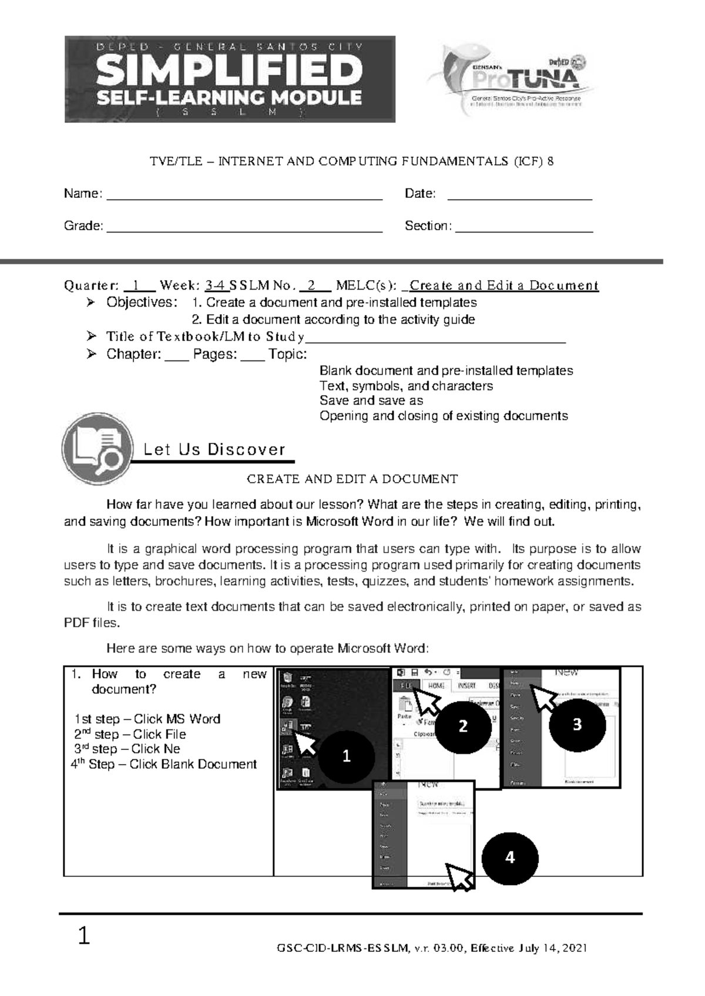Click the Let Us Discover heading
[214, 450]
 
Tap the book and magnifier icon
[98, 449]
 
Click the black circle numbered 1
[347, 756]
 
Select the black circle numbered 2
[463, 726]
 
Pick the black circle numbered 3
[577, 724]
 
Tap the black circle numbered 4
[509, 857]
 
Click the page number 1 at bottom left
[84, 936]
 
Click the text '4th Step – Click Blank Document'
[164, 765]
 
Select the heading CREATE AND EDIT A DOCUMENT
[352, 479]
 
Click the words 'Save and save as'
[371, 401]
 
